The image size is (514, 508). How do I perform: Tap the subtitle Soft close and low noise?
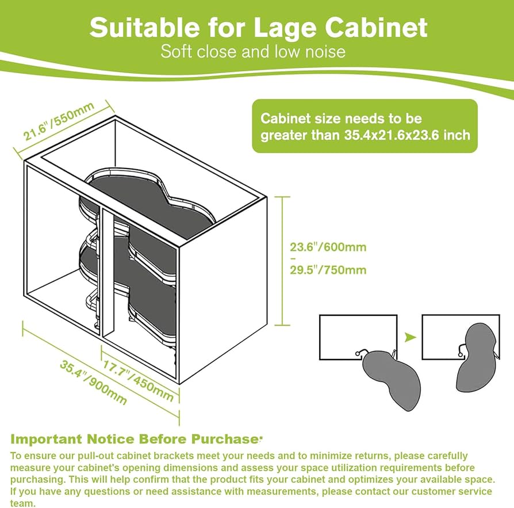(x=253, y=51)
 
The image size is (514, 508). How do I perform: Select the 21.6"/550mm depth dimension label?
(x=57, y=124)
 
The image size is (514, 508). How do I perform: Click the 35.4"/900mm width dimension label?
(x=93, y=382)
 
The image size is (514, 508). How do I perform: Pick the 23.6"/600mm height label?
(x=328, y=247)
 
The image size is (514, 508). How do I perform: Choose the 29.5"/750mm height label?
(x=328, y=270)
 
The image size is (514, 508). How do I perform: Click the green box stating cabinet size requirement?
(x=365, y=127)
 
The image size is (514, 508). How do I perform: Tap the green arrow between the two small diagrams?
(x=409, y=337)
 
